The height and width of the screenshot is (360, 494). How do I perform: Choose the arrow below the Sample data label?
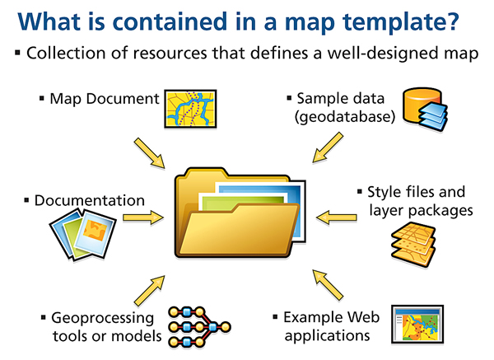[x=324, y=150]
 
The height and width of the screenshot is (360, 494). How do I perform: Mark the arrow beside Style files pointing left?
[x=333, y=218]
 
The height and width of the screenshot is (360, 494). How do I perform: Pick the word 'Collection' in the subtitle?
[x=63, y=54]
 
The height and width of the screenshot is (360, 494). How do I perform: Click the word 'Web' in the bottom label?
[x=352, y=317]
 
